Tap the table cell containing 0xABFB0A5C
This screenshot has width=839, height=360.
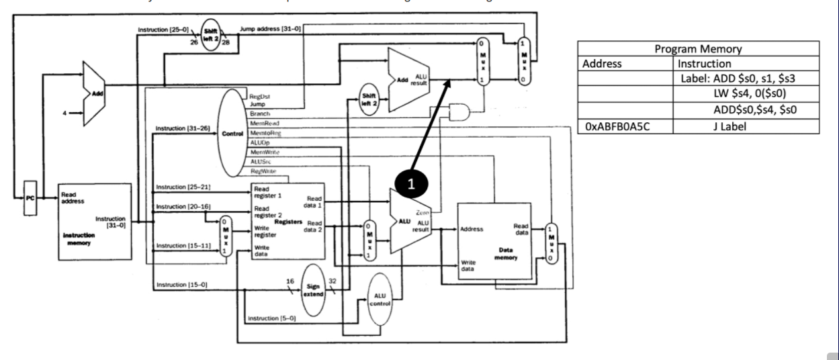(624, 126)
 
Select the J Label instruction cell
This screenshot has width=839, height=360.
(745, 126)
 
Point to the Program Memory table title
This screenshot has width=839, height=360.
(698, 48)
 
